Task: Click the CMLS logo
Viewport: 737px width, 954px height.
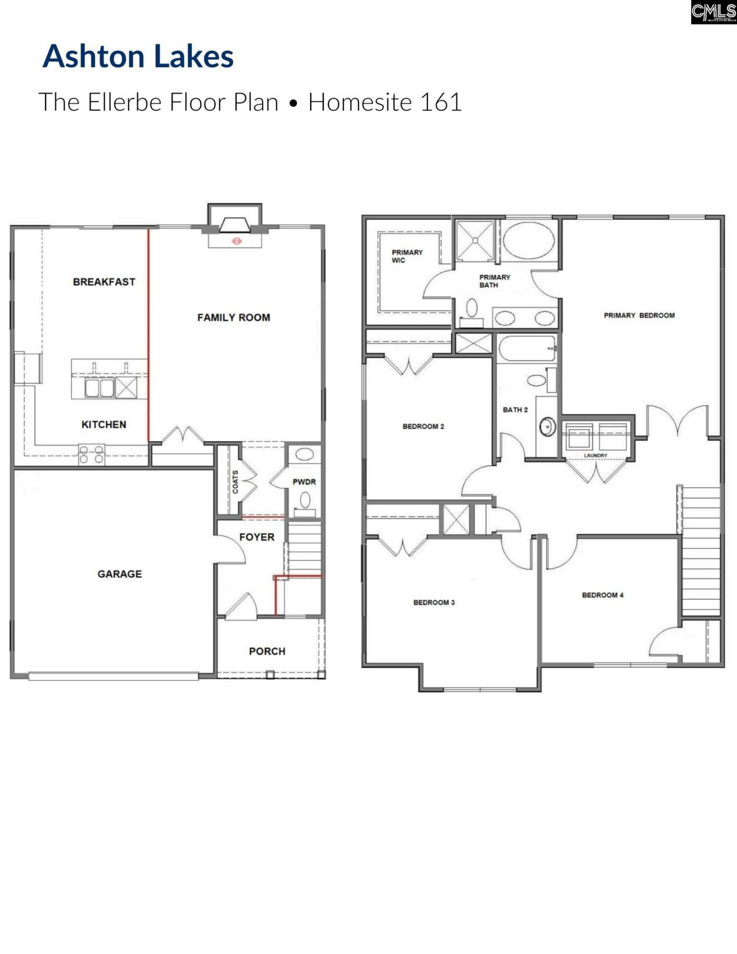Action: pyautogui.click(x=713, y=12)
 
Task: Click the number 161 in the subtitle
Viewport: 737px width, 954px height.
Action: pyautogui.click(x=441, y=102)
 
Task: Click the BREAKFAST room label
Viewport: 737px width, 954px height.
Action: pyautogui.click(x=104, y=282)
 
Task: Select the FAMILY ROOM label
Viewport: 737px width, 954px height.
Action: pyautogui.click(x=234, y=318)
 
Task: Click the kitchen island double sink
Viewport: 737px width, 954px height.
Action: pyautogui.click(x=100, y=388)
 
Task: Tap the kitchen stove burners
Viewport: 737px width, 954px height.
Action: pyautogui.click(x=92, y=455)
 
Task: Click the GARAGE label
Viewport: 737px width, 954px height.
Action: pyautogui.click(x=119, y=574)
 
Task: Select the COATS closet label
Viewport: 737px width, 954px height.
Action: pyautogui.click(x=235, y=481)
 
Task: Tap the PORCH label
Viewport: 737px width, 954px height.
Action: pyautogui.click(x=267, y=651)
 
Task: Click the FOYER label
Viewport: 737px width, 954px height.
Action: pyautogui.click(x=256, y=537)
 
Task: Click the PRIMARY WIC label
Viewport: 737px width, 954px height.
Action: pyautogui.click(x=407, y=256)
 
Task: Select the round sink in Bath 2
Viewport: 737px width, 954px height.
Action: pyautogui.click(x=548, y=426)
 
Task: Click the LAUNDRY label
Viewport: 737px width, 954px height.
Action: pyautogui.click(x=595, y=455)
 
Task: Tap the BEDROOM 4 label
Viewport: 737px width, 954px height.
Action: pyautogui.click(x=602, y=595)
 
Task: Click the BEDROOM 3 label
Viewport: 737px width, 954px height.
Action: pyautogui.click(x=434, y=602)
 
